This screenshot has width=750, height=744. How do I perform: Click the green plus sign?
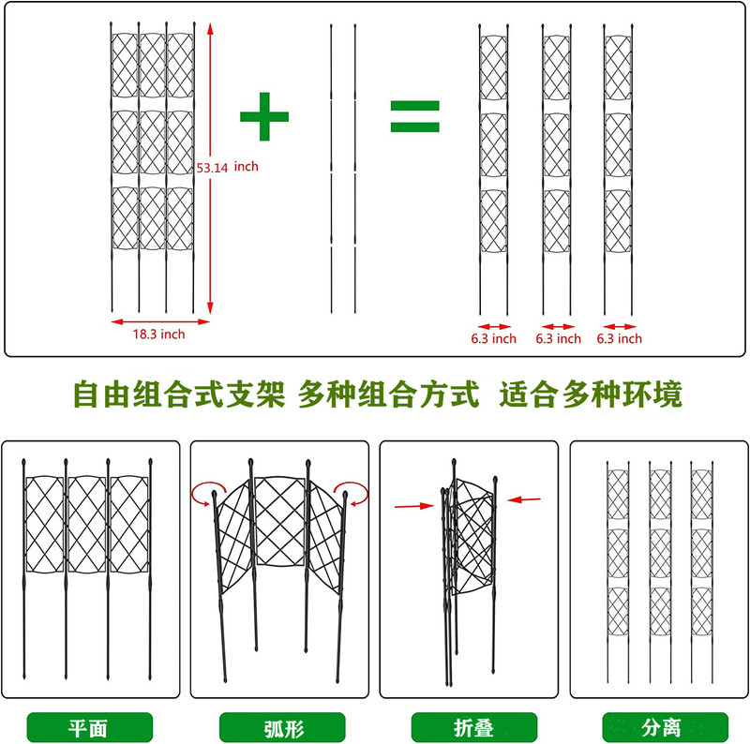(264, 116)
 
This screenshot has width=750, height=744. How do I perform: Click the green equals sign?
(414, 116)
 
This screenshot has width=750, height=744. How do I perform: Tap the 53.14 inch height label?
(227, 167)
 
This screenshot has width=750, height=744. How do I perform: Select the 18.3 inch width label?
(158, 335)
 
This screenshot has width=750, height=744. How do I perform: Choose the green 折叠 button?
(472, 726)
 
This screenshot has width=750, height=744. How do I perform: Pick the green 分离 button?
(664, 726)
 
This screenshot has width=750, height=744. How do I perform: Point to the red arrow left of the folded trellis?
(414, 506)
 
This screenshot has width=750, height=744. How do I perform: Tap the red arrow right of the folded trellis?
(528, 500)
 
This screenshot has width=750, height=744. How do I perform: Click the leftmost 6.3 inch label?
(493, 338)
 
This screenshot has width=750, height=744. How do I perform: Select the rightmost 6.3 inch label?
(620, 338)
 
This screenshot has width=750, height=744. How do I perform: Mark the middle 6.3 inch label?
(558, 338)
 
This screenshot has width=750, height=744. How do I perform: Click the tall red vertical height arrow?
(211, 169)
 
